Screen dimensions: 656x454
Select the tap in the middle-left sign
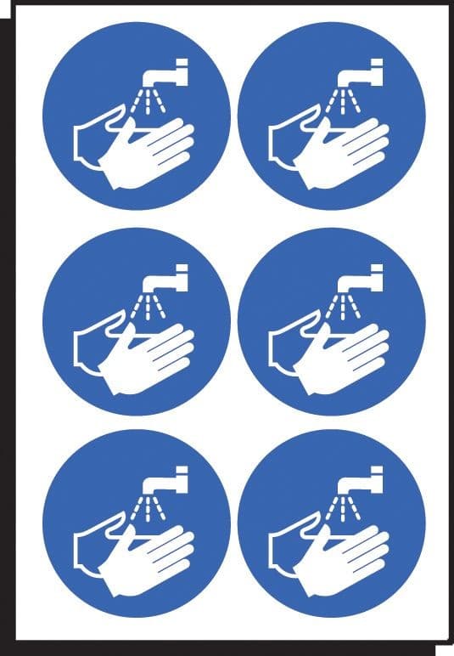point(170,276)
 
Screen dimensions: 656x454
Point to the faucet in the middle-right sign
point(365,276)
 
